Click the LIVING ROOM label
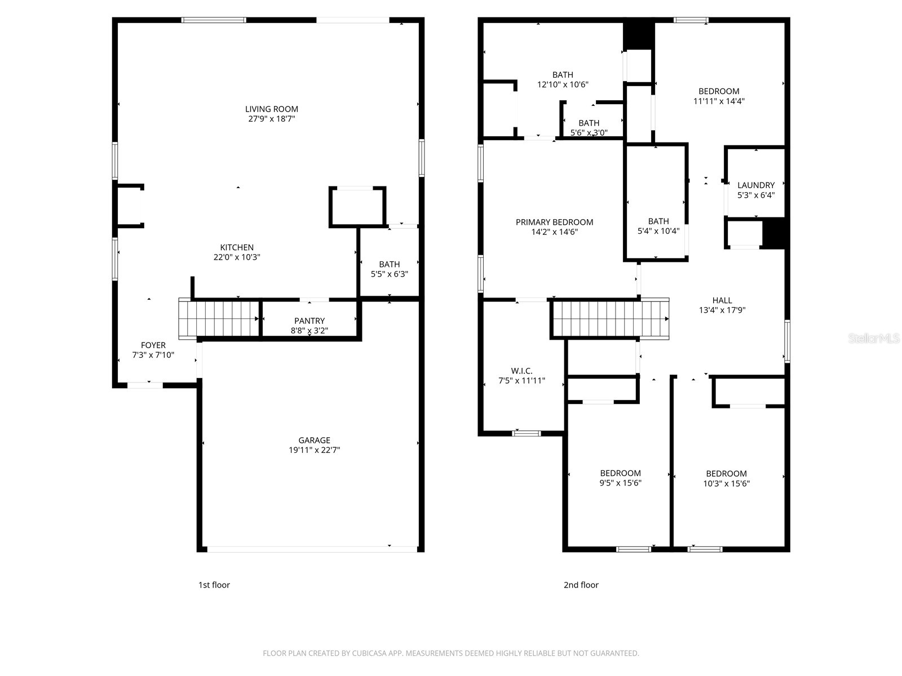(271, 109)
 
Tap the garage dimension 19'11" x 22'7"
(314, 450)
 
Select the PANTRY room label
(309, 321)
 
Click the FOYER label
(153, 345)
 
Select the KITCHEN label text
(237, 247)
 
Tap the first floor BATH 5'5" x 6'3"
(389, 269)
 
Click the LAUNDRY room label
(756, 185)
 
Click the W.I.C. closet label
(521, 371)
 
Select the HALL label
(722, 300)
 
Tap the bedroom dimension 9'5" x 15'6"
(620, 483)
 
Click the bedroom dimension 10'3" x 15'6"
(726, 483)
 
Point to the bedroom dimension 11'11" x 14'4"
(719, 101)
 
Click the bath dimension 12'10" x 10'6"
(563, 84)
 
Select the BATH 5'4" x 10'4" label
(658, 226)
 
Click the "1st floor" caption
(214, 585)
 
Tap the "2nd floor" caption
(581, 585)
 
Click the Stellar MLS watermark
(874, 339)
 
